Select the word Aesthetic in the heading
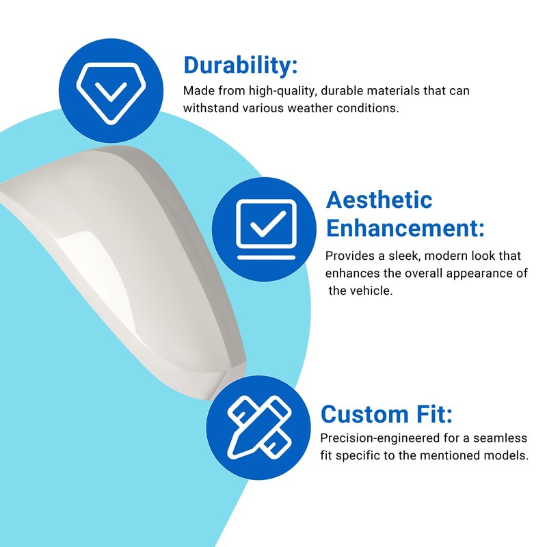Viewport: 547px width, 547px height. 379,200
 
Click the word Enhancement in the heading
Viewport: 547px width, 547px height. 405,228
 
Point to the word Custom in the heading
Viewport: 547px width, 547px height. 364,414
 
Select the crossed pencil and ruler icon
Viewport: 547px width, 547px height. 259,427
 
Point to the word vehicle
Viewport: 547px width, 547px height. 373,291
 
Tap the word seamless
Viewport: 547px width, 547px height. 500,438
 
